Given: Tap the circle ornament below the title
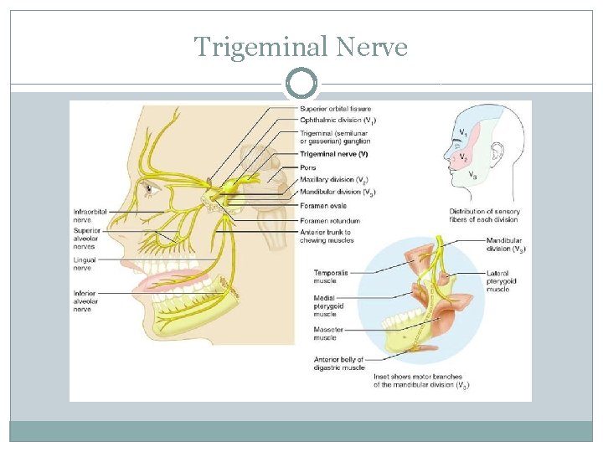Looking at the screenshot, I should pyautogui.click(x=301, y=85).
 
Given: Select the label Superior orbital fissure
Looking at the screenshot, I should pyautogui.click(x=335, y=109).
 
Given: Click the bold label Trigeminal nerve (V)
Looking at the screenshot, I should pyautogui.click(x=333, y=155).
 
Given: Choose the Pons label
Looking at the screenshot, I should pyautogui.click(x=308, y=167).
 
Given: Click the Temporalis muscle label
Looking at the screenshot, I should pyautogui.click(x=331, y=277).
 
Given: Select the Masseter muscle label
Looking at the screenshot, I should pyautogui.click(x=329, y=334).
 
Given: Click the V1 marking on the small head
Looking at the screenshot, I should pyautogui.click(x=462, y=133).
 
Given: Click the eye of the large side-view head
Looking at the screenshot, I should pyautogui.click(x=150, y=187).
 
